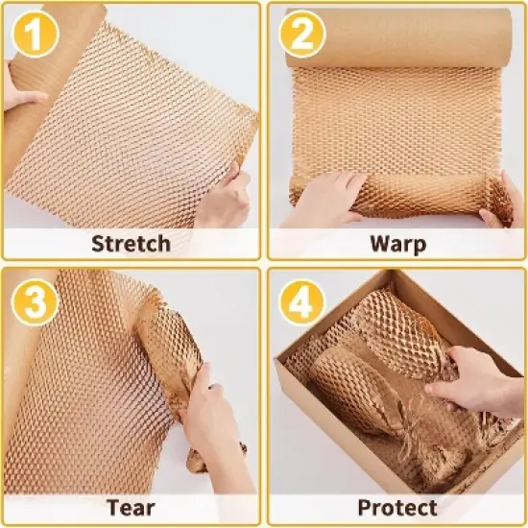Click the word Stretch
(132, 242)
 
